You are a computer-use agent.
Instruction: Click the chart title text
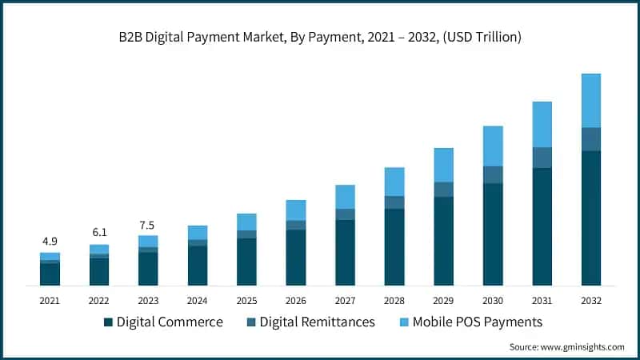tap(320, 38)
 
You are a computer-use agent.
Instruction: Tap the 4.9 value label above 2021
tap(50, 242)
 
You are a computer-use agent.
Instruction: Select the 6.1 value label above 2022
tap(98, 233)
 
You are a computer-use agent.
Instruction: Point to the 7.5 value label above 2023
tap(147, 225)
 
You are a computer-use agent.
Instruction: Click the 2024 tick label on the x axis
tap(197, 300)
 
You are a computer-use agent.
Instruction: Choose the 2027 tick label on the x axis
tap(345, 300)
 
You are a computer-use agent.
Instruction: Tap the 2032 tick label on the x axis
tap(591, 300)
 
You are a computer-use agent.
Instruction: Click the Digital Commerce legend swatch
tap(108, 322)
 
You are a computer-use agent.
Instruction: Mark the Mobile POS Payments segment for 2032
tap(591, 101)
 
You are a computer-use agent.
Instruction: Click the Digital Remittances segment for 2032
tap(591, 139)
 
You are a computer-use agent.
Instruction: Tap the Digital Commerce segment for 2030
tap(493, 234)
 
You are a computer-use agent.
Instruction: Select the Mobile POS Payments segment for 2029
tap(443, 165)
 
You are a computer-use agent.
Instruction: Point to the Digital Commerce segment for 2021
tap(50, 274)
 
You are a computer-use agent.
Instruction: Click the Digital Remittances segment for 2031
tap(542, 158)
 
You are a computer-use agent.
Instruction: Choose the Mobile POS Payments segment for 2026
tap(296, 210)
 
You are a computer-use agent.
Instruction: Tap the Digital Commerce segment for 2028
tap(394, 247)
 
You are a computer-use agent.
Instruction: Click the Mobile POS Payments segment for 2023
tap(148, 241)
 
